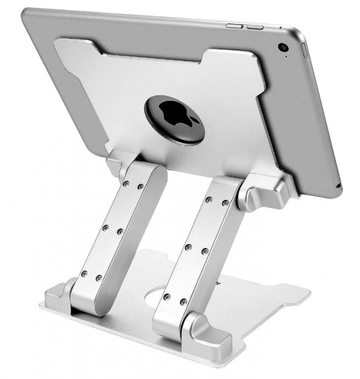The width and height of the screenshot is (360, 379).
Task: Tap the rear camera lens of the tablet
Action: click(282, 48)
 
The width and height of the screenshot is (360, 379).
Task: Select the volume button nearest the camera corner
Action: click(255, 26)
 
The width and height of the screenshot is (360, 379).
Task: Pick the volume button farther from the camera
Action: click(233, 25)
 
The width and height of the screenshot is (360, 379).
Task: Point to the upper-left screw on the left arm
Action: click(126, 184)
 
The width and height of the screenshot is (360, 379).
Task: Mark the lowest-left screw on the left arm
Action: click(84, 274)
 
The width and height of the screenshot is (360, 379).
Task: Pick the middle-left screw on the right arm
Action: click(189, 247)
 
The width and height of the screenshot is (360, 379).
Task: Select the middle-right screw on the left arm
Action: click(120, 231)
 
